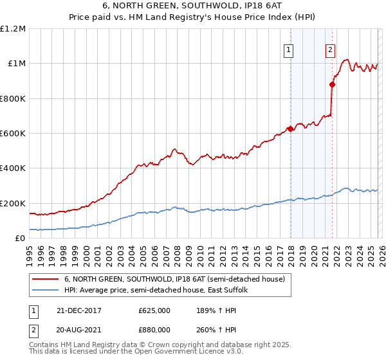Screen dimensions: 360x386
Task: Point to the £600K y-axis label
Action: (13, 134)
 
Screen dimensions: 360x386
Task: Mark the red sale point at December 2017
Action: (290, 129)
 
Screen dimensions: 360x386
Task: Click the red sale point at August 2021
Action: (332, 84)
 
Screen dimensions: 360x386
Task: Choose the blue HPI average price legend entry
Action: (160, 291)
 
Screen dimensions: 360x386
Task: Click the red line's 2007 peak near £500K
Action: (174, 149)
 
